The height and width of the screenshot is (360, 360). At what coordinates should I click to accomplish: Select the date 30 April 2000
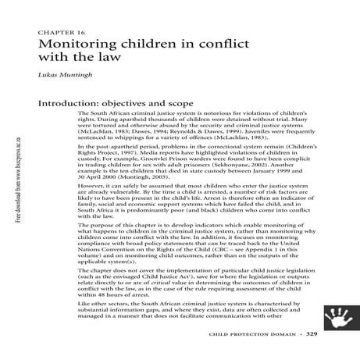click(x=98, y=176)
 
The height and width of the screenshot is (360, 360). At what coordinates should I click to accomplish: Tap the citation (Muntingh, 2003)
click(x=151, y=176)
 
